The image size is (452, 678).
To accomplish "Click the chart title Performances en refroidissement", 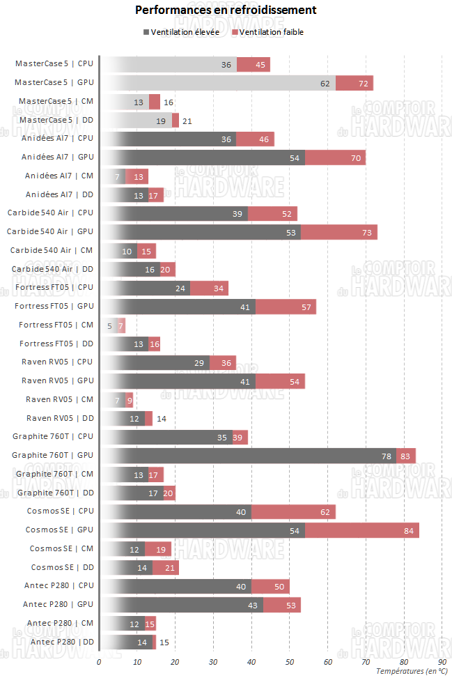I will click(226, 10).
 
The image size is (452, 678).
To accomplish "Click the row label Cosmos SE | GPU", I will click(59, 530).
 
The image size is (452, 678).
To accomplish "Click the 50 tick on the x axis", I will click(290, 661).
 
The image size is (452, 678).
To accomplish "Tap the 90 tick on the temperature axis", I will click(442, 661).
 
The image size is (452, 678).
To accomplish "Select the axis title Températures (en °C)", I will click(411, 671).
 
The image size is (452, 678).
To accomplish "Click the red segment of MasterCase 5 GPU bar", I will click(354, 83).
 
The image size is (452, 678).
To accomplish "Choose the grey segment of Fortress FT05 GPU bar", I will click(178, 306).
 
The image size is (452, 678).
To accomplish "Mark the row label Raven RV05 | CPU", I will click(57, 362).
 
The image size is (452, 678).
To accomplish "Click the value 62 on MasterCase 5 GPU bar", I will click(325, 83).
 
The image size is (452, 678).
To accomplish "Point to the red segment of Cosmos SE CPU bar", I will click(293, 511).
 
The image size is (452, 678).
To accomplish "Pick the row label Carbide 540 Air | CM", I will click(52, 250).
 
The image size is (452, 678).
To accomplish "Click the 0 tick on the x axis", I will click(99, 661).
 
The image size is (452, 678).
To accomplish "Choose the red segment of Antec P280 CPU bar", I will click(270, 586).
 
